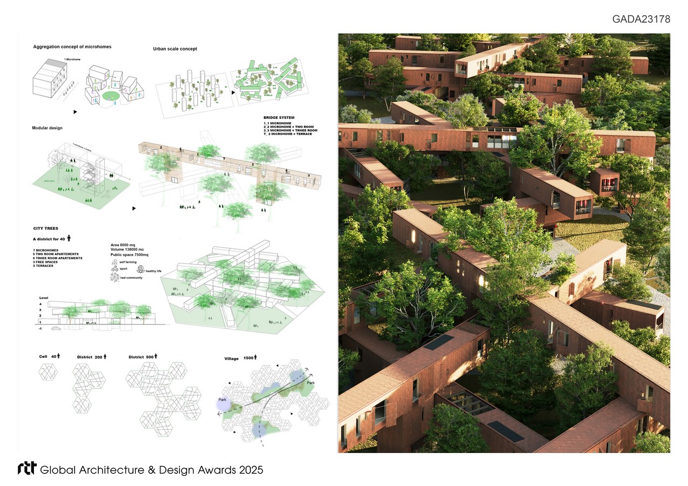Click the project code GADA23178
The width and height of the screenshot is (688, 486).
(x=641, y=19)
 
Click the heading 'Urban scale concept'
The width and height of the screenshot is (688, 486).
(x=175, y=49)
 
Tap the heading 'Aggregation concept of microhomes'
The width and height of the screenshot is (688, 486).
(x=72, y=47)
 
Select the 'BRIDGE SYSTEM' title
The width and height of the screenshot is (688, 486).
(x=279, y=117)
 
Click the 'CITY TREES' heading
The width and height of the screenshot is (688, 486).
(x=45, y=228)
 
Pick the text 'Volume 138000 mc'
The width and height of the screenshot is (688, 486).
(x=128, y=249)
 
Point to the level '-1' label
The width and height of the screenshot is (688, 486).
(x=41, y=328)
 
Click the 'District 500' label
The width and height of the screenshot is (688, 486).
(x=143, y=357)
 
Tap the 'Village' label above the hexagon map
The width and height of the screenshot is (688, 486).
(x=231, y=359)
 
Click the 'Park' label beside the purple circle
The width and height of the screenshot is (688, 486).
(x=222, y=400)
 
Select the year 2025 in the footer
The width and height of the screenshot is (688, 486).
(x=250, y=470)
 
